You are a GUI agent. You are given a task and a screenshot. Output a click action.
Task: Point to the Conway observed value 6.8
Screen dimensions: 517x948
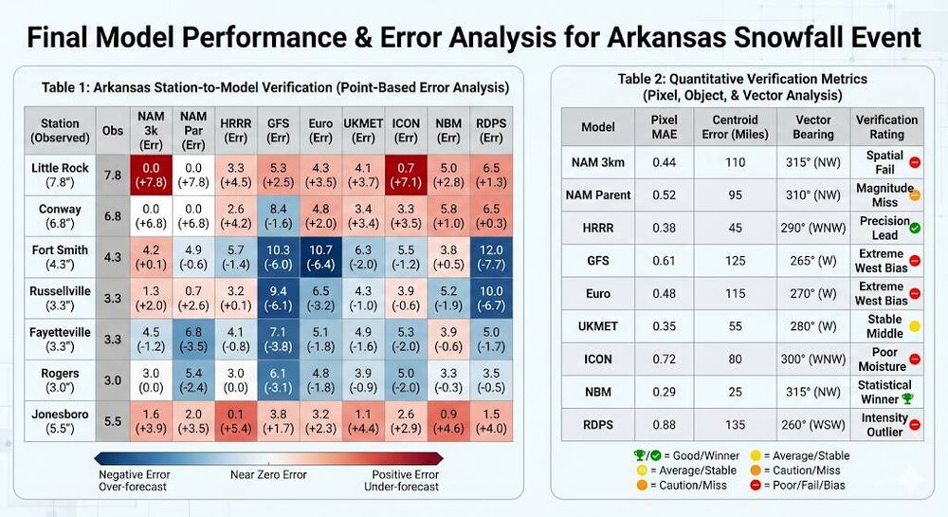point(112,216)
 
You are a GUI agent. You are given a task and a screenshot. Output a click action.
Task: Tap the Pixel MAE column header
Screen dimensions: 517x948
point(664,126)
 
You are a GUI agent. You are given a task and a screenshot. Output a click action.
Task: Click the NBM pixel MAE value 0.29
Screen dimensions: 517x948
point(664,390)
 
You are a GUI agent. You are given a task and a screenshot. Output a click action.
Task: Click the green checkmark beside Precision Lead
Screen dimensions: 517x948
point(915,228)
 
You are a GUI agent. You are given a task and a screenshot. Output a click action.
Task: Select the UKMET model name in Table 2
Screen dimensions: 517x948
point(598,325)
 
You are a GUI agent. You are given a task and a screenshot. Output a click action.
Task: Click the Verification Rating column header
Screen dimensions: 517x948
point(886,126)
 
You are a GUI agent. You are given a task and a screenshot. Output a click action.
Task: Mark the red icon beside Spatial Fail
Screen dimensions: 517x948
point(915,162)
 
